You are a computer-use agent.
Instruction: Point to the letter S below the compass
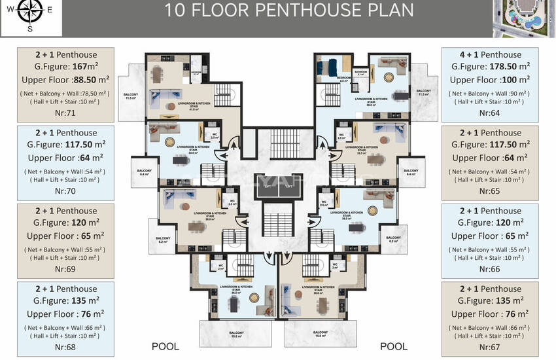pos(29,28)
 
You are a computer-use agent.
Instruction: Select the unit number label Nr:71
pos(65,113)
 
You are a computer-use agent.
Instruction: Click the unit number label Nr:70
pos(65,190)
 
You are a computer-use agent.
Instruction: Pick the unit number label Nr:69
pos(65,268)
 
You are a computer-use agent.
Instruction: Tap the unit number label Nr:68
pos(65,346)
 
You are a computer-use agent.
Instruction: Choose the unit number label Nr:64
pos(490,113)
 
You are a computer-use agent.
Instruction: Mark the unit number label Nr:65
pos(490,190)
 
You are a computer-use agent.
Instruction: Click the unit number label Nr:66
pos(490,268)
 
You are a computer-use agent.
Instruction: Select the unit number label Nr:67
pos(490,346)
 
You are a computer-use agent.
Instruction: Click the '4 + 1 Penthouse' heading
pos(490,54)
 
